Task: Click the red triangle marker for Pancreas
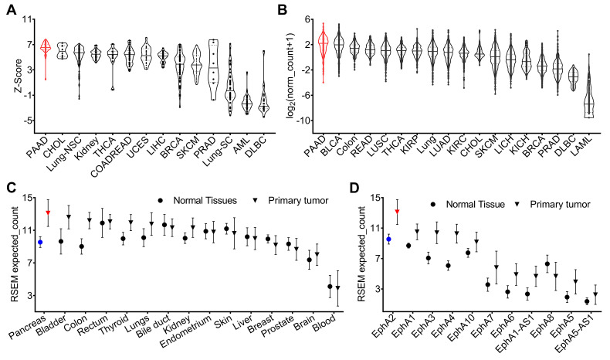(x=48, y=212)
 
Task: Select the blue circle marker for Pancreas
(x=40, y=242)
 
